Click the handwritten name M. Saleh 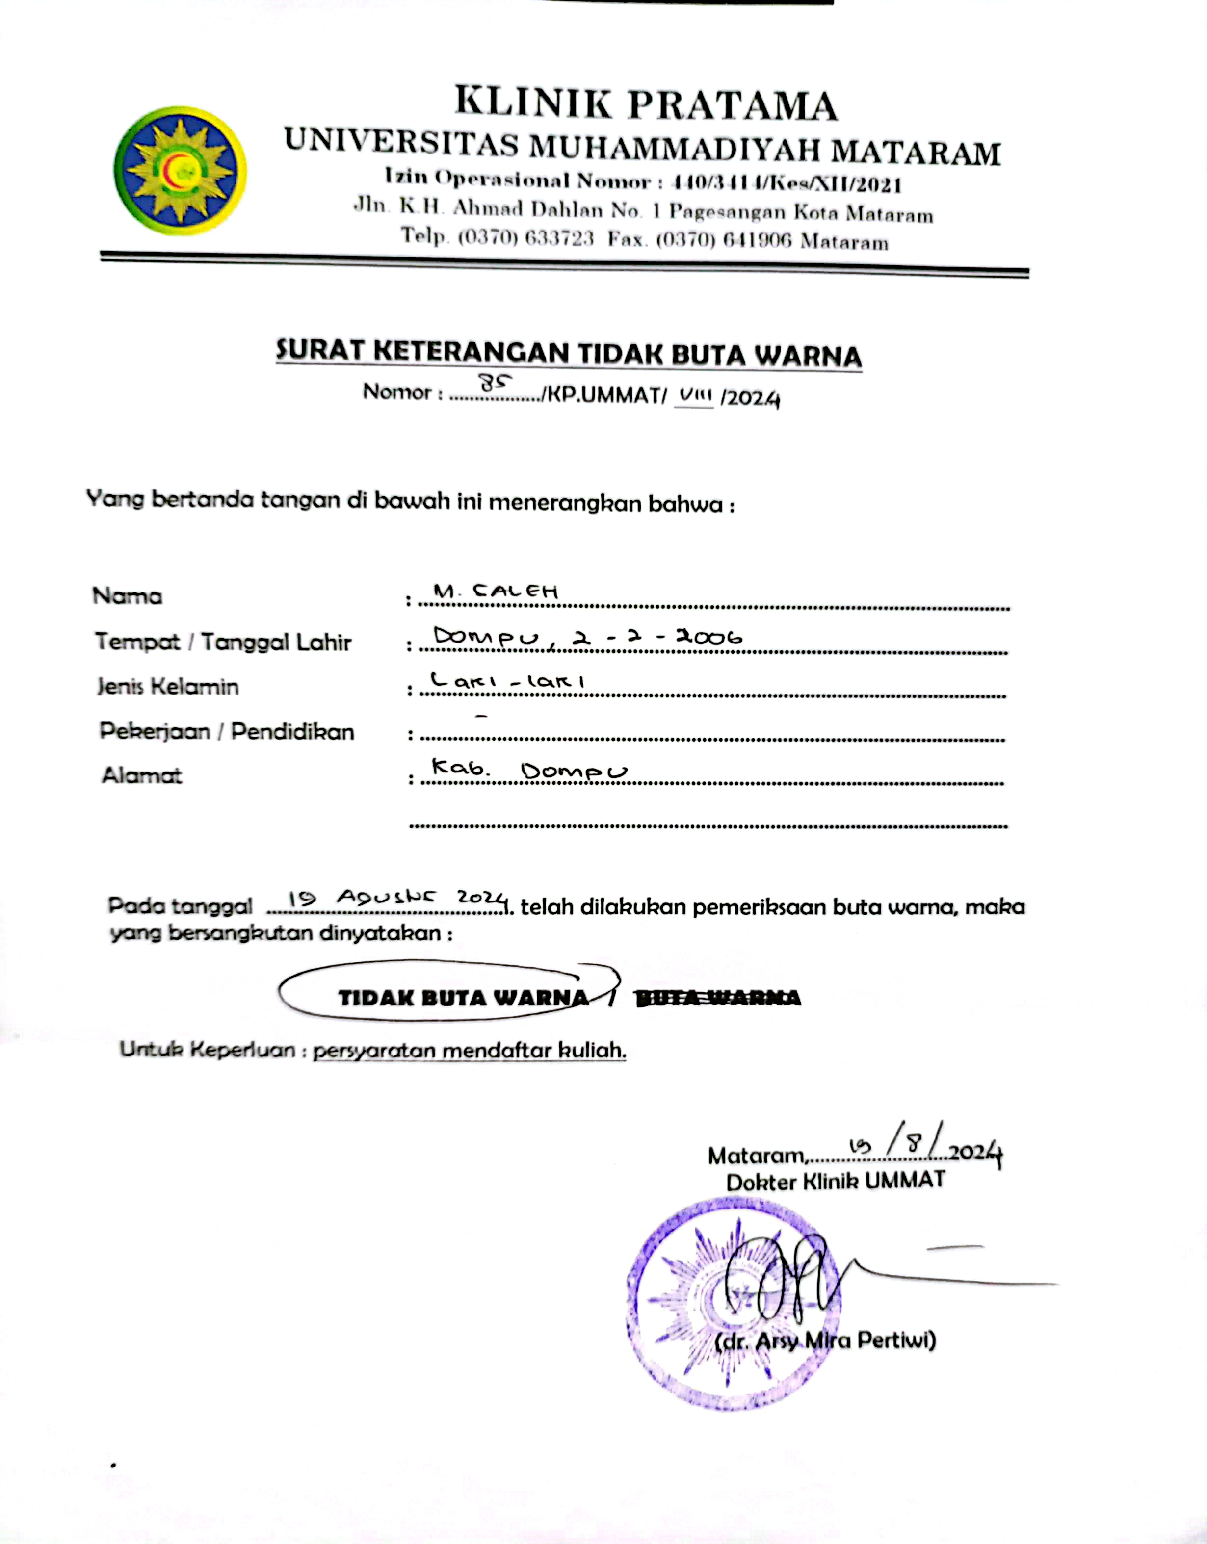coord(496,591)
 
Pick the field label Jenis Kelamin coord(168,686)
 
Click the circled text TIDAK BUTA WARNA coord(463,998)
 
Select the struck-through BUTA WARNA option coord(718,998)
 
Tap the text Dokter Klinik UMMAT coord(835,1181)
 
